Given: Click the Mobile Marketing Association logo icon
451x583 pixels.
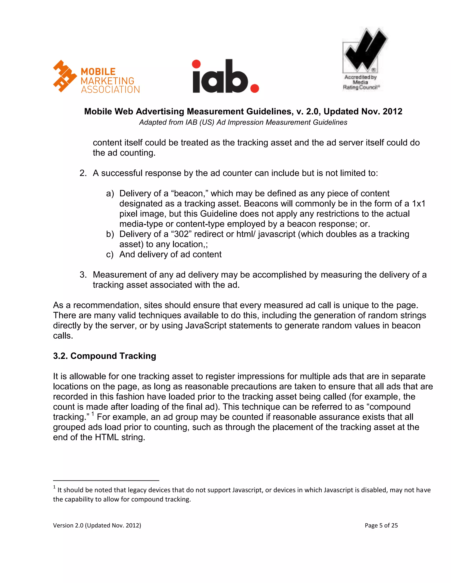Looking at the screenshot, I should click(65, 76).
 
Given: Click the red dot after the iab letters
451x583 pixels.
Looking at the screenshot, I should click(255, 88).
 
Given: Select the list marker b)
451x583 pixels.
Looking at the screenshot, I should click(110, 234).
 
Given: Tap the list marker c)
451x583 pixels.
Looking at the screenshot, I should click(110, 254).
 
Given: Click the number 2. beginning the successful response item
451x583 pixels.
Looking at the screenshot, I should click(83, 173).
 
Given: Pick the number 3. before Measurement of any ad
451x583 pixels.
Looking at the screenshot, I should click(83, 275).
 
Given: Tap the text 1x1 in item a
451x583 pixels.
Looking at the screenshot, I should click(418, 204).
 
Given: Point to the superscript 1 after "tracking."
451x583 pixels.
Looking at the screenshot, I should click(93, 414).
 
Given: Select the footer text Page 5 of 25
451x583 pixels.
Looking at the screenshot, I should click(381, 525).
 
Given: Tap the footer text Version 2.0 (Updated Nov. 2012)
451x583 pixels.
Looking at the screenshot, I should click(97, 525).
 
